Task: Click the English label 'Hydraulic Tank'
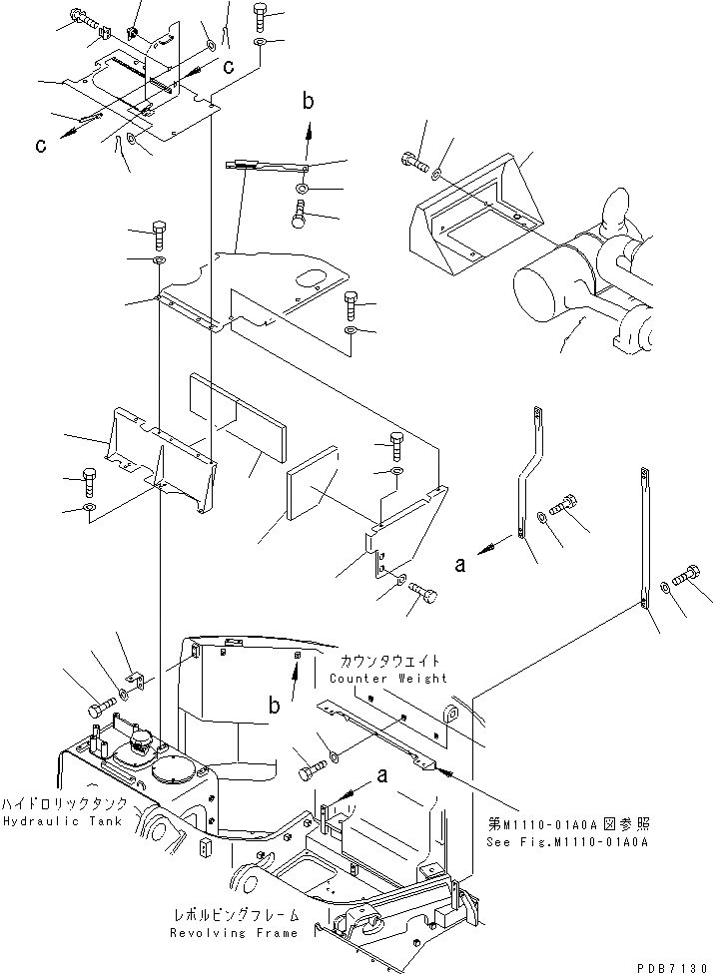click(x=63, y=821)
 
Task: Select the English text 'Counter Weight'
click(x=388, y=679)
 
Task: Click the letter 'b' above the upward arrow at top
click(x=309, y=100)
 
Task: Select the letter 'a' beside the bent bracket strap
click(x=460, y=564)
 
